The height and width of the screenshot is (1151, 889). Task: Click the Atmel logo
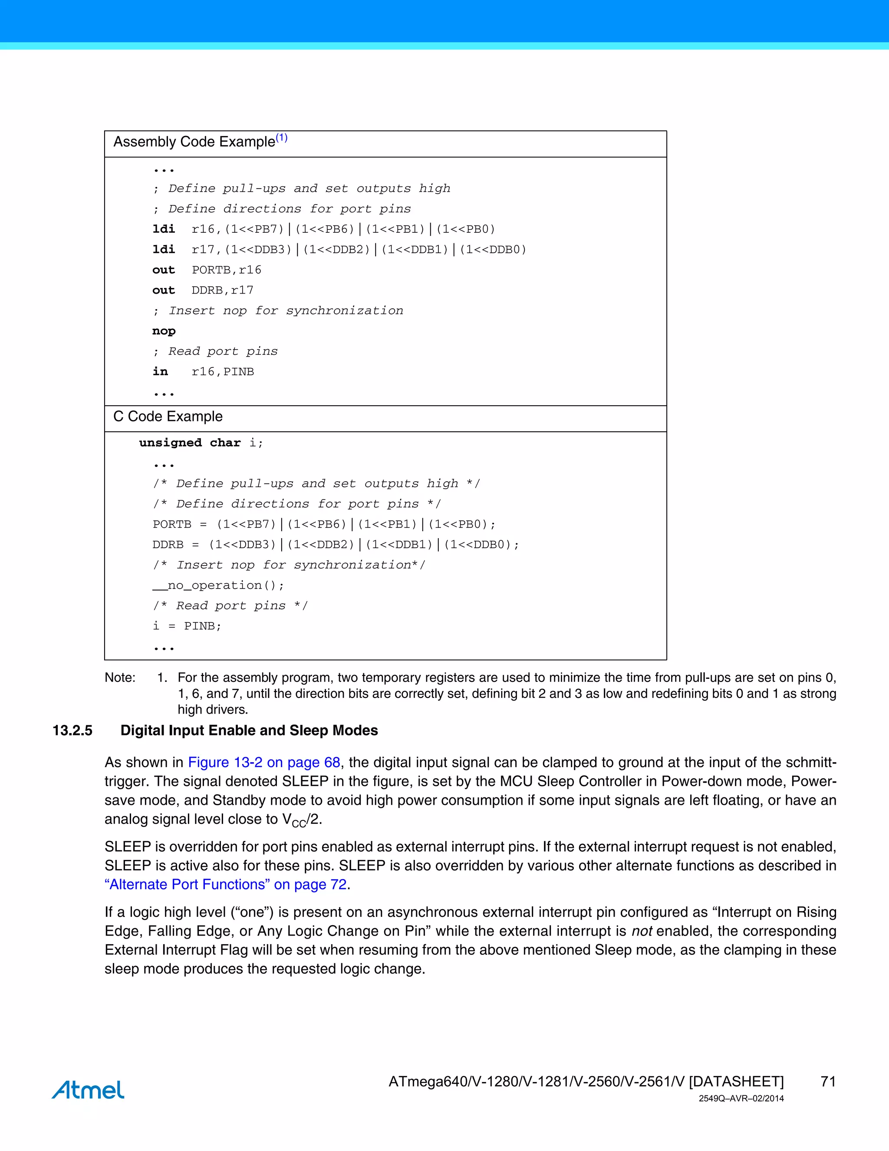[x=88, y=1089]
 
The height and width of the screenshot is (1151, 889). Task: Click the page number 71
[x=828, y=1082]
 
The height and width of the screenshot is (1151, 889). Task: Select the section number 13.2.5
[x=72, y=731]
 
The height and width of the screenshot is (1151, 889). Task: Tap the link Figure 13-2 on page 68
[x=264, y=763]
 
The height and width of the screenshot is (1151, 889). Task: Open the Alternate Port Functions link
[x=225, y=884]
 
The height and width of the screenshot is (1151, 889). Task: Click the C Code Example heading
[x=168, y=417]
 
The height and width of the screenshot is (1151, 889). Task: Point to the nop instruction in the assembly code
[x=164, y=331]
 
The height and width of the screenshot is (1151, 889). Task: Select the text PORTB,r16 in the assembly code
[x=227, y=270]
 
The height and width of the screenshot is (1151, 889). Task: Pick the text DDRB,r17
[x=222, y=291]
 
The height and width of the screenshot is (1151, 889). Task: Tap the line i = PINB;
[x=187, y=626]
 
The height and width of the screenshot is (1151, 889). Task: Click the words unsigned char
[x=190, y=443]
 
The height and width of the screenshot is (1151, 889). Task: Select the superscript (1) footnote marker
[x=282, y=138]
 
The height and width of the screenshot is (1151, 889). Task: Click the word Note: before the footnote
[x=120, y=678]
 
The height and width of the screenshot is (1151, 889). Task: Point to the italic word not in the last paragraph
[x=642, y=931]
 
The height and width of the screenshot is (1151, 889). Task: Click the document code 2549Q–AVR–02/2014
[x=741, y=1099]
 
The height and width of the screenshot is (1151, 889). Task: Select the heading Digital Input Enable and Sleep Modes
[x=249, y=731]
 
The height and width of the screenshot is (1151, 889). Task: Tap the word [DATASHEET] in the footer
[x=736, y=1082]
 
